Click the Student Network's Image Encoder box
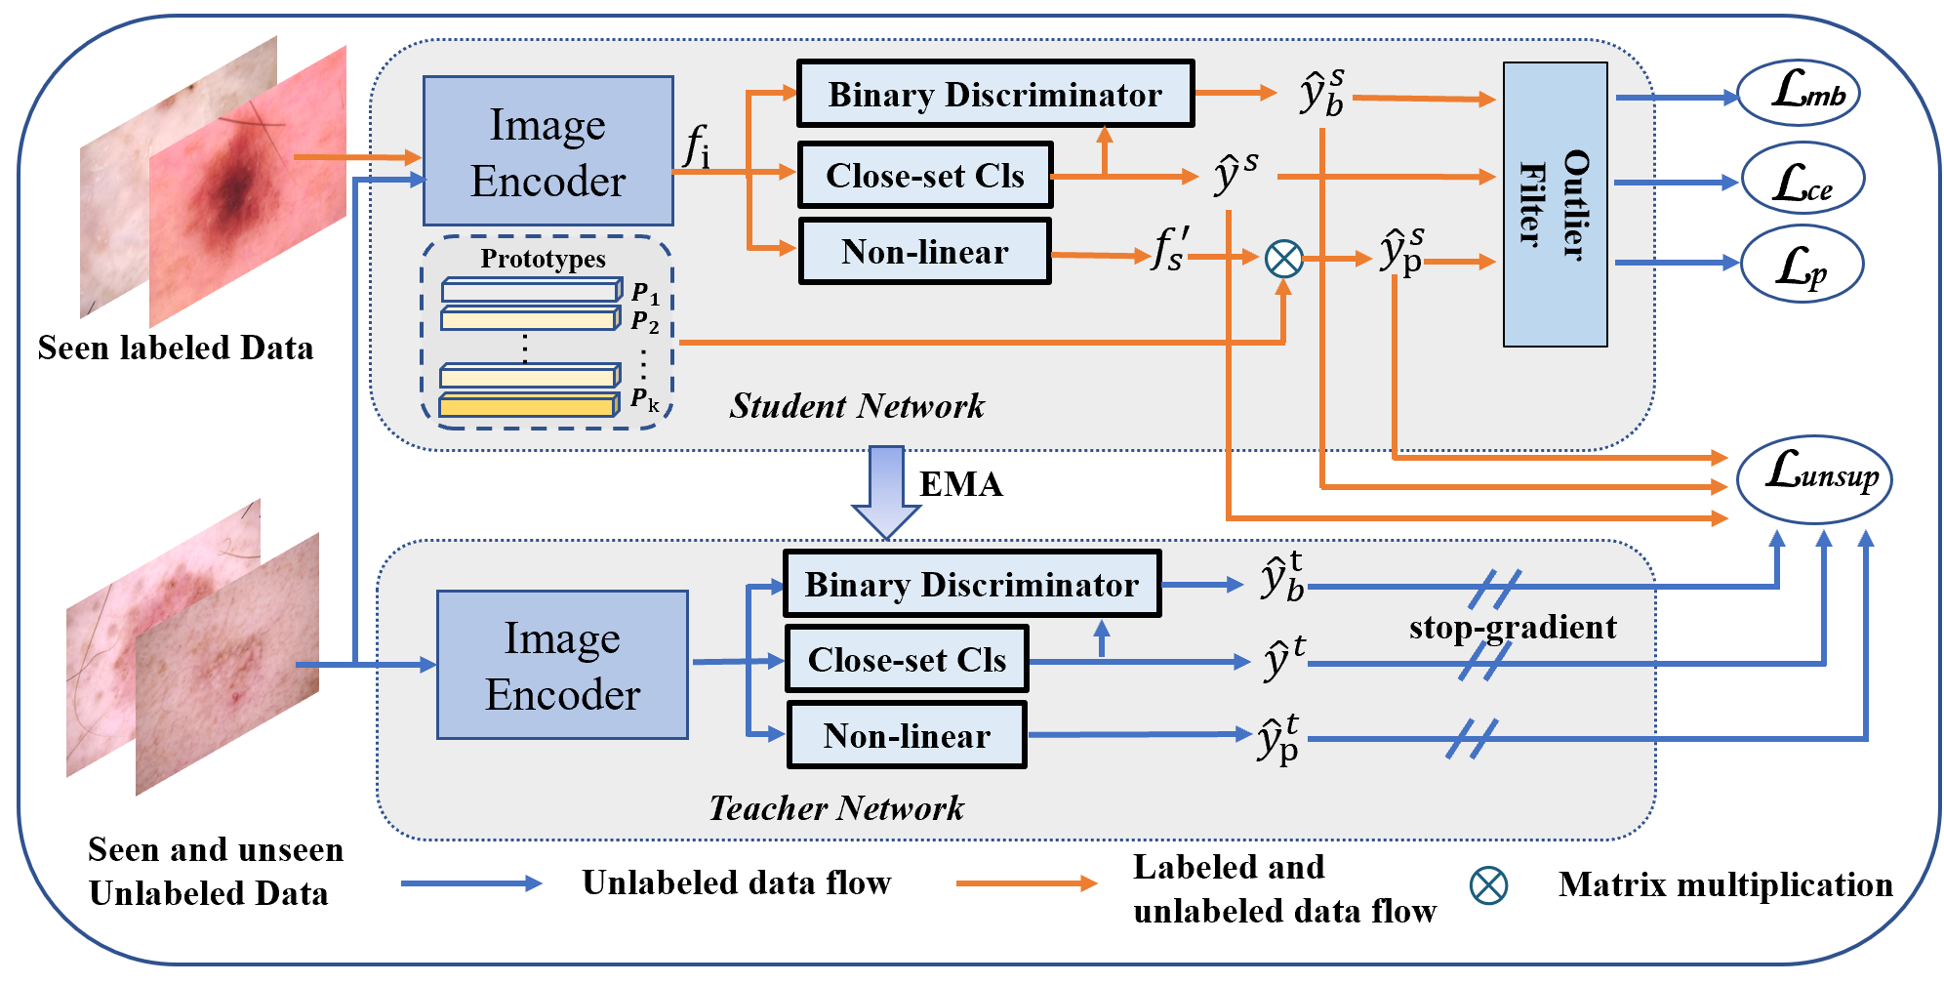pos(547,151)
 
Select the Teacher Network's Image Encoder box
pos(562,665)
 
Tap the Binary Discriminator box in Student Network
pos(994,94)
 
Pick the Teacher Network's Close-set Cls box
pos(907,660)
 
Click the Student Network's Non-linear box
pos(924,252)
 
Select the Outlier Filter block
pos(1555,204)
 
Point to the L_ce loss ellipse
pos(1802,180)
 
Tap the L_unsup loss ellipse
pos(1814,478)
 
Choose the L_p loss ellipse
pos(1802,265)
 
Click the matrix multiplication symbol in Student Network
pos(1283,259)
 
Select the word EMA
pos(960,485)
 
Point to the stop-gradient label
pos(1512,628)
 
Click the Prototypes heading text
pos(543,259)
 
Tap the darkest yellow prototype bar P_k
pos(529,405)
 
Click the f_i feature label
pos(696,146)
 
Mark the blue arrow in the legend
pos(470,883)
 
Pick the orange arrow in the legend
pos(1026,883)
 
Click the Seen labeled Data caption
pos(176,348)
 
